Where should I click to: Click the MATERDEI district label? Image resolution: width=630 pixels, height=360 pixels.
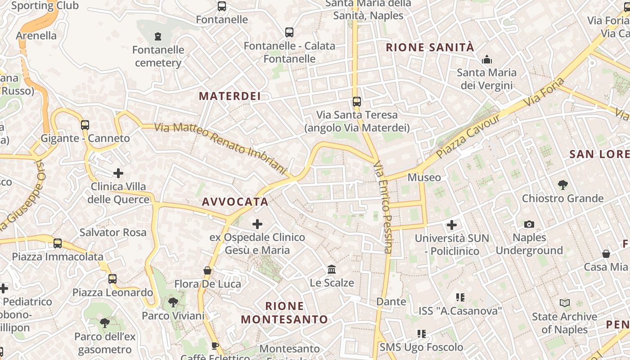click(229, 96)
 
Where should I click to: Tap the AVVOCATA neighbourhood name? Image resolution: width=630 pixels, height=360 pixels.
click(235, 202)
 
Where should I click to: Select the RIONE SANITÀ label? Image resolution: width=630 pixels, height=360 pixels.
click(430, 47)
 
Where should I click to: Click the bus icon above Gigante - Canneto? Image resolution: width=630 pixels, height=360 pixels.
click(85, 125)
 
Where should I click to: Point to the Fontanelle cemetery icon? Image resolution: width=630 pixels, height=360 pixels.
click(158, 36)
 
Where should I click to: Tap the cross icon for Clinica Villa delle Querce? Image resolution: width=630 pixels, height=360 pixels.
click(118, 173)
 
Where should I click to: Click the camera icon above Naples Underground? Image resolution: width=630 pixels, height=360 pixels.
click(529, 224)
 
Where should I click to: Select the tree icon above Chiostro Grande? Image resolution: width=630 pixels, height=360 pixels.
click(562, 184)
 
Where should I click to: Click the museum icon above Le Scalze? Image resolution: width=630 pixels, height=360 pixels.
click(332, 270)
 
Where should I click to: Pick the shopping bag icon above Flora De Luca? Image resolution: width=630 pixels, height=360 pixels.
click(207, 270)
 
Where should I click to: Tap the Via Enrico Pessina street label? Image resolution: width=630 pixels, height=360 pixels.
click(383, 207)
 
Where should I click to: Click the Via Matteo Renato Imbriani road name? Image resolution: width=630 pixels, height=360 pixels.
click(220, 148)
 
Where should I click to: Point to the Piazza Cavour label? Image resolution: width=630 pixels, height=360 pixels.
click(468, 136)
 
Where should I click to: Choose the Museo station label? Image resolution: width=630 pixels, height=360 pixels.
click(424, 177)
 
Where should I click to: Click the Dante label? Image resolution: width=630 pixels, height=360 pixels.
click(391, 301)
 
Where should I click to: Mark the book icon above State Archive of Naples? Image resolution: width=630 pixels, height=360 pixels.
click(565, 303)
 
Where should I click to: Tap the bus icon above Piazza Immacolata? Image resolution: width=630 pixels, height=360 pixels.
click(58, 243)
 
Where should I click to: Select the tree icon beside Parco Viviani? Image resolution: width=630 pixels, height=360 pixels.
click(173, 302)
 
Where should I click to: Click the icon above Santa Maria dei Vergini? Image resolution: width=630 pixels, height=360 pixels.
click(486, 59)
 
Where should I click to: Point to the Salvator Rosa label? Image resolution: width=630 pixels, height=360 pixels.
click(112, 232)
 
